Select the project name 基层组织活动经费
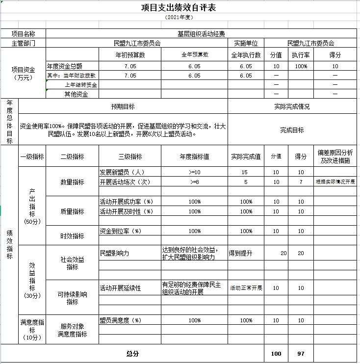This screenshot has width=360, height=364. pos(201,34)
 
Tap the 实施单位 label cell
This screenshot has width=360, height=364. pos(246,43)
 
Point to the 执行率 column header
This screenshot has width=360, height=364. pos(300,55)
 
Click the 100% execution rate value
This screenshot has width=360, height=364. pos(301,66)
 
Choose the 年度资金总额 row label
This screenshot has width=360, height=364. pos(65,66)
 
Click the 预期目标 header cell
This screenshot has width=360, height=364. pos(123,106)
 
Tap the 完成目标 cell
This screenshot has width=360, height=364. pos(292,130)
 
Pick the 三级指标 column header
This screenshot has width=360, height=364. pos(130,156)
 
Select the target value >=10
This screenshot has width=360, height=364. pos(194,172)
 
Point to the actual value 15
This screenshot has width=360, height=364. pos(245,172)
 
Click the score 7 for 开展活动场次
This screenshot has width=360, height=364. pos(301,182)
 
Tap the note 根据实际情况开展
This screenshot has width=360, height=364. pos(335,182)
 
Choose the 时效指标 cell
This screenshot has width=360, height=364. pos(72,236)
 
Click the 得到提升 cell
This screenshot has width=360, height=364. pos(241,253)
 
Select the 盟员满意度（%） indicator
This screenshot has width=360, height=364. pos(120,320)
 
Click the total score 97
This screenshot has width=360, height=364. pos(301,353)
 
